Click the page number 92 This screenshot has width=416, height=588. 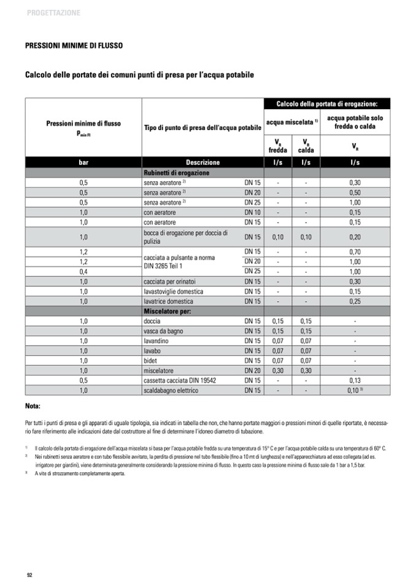29,574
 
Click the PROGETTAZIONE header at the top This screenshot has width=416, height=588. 53,13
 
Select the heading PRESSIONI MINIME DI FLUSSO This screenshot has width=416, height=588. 74,45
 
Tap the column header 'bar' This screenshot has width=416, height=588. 83,162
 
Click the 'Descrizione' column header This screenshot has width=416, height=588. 202,162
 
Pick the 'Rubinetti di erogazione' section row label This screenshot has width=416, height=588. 176,173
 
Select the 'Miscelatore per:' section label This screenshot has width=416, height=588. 168,311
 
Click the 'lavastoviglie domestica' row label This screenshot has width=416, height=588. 173,291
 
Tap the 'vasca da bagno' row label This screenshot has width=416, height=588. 163,330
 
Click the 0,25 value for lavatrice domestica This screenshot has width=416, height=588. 355,301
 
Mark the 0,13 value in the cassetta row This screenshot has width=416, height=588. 355,380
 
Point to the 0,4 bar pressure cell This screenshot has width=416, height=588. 83,271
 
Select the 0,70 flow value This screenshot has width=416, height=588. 355,251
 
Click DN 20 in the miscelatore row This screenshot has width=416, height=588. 253,370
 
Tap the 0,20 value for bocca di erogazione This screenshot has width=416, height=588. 355,237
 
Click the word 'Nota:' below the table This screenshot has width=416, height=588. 33,406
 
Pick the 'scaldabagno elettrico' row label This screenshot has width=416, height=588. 171,390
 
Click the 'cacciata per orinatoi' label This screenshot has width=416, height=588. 169,281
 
